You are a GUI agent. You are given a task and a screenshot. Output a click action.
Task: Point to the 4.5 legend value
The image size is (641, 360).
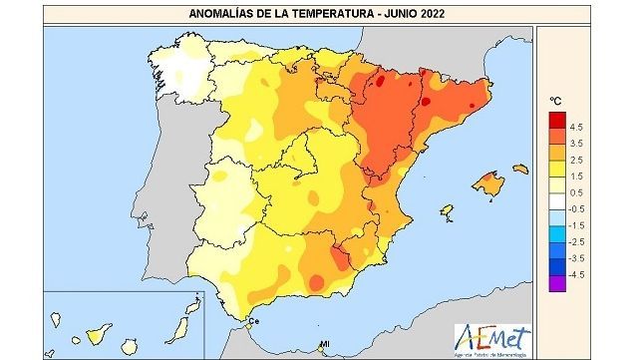click(576, 128)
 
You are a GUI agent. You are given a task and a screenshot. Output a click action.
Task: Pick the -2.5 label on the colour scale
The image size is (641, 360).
click(576, 241)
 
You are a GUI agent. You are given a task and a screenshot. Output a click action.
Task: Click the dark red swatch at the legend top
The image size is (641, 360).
click(556, 119)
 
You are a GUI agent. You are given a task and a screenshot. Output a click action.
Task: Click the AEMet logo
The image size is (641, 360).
click(492, 337)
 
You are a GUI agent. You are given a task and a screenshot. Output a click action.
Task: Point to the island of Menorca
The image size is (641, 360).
click(523, 167)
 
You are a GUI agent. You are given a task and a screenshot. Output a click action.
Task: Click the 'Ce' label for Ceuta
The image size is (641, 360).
click(253, 321)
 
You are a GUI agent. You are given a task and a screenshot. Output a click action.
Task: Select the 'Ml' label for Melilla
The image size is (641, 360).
click(324, 345)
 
